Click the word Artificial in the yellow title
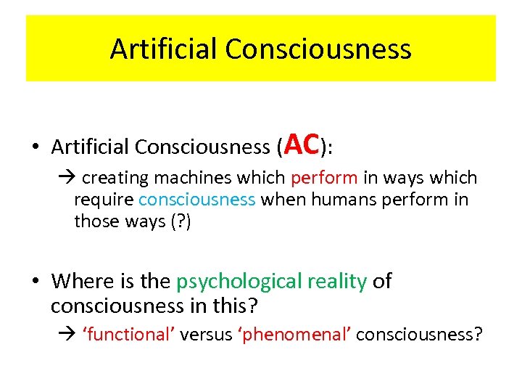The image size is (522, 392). pos(164,49)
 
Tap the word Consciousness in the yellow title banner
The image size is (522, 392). pos(318,49)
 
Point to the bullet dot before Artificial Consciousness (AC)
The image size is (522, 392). pos(36,148)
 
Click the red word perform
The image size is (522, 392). pos(323,179)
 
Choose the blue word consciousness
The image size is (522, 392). pos(196,200)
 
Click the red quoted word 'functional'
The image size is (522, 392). pos(129,335)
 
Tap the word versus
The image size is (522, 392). pos(204,335)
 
